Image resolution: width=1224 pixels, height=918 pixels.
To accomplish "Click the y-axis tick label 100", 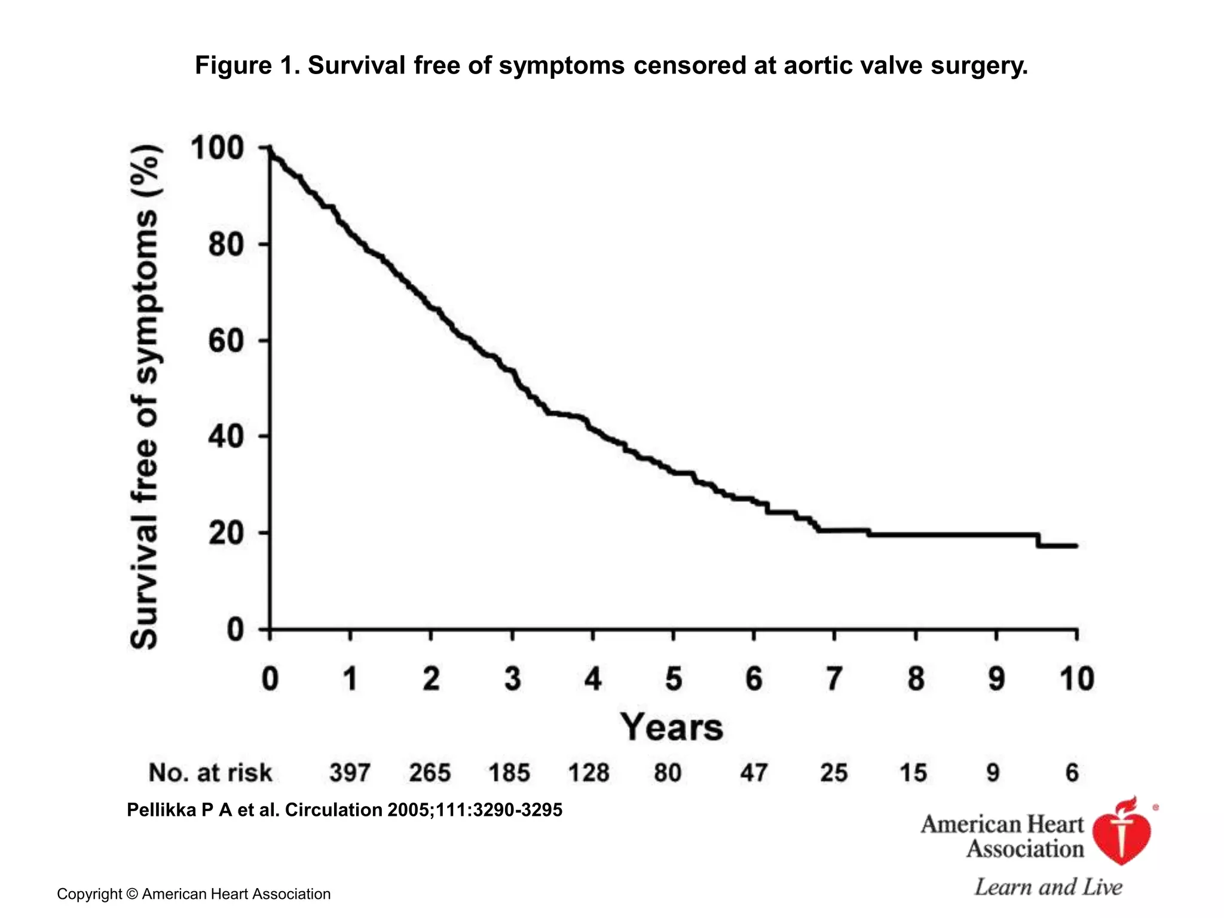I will [217, 148].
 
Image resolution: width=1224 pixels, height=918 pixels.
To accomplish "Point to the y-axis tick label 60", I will [226, 341].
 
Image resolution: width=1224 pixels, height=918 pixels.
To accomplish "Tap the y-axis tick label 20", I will [226, 534].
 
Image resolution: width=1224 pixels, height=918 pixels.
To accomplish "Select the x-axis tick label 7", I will [834, 679].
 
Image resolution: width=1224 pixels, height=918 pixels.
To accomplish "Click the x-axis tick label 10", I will [1076, 679].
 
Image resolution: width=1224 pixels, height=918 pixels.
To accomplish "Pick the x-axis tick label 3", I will [512, 679].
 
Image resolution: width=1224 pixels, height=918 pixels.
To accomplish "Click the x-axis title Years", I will [671, 727].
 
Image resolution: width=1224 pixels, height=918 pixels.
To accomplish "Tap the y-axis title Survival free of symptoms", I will [145, 397].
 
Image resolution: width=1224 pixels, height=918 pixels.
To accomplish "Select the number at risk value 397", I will [350, 773].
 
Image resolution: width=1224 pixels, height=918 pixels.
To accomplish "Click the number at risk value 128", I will [589, 773].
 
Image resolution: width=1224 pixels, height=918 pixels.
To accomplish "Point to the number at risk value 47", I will [753, 773].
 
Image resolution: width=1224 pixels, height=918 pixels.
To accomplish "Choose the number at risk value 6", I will [1072, 773].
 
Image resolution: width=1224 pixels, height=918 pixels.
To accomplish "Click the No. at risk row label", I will [210, 773].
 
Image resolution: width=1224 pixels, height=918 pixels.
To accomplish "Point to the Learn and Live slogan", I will [1048, 887].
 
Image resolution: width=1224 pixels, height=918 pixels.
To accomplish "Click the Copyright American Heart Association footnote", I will [194, 894].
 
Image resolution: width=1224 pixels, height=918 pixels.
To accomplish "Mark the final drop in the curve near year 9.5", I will [1039, 540].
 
